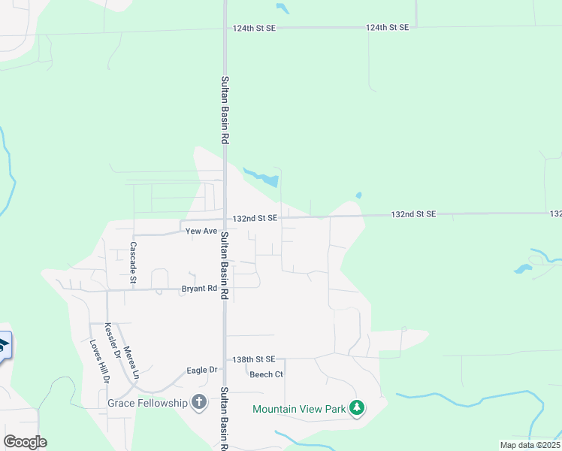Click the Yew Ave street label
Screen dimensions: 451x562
click(x=201, y=232)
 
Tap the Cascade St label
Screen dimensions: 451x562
click(x=134, y=262)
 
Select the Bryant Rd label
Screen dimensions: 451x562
click(x=199, y=289)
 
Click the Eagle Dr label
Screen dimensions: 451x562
click(x=201, y=370)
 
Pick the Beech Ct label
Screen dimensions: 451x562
click(x=266, y=374)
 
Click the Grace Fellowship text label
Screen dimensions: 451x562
click(x=147, y=403)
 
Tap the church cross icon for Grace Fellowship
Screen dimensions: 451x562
click(x=199, y=403)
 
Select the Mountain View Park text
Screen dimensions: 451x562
click(x=298, y=409)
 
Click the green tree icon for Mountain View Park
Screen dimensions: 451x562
click(x=357, y=409)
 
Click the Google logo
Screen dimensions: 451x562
click(x=25, y=442)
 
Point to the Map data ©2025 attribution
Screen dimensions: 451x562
click(x=530, y=445)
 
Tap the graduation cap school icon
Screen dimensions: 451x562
click(x=3, y=346)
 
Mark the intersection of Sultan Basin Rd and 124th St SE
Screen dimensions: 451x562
click(x=225, y=28)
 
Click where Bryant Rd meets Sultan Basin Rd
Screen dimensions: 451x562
click(x=225, y=289)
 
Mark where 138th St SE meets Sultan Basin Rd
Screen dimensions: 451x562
click(x=225, y=359)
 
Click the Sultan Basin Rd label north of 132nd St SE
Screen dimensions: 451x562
click(x=224, y=110)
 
